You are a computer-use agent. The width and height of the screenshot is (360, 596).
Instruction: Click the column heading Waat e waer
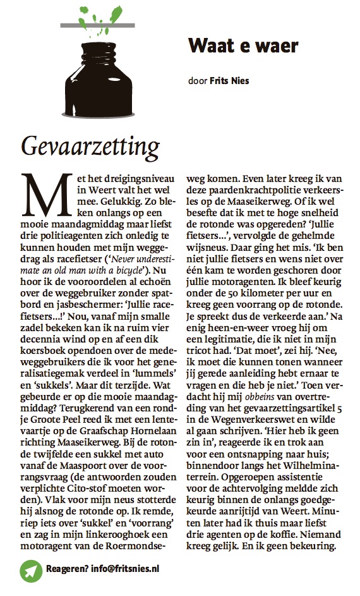pos(243,46)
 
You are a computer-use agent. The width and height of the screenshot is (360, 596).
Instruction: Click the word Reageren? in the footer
pos(66,568)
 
